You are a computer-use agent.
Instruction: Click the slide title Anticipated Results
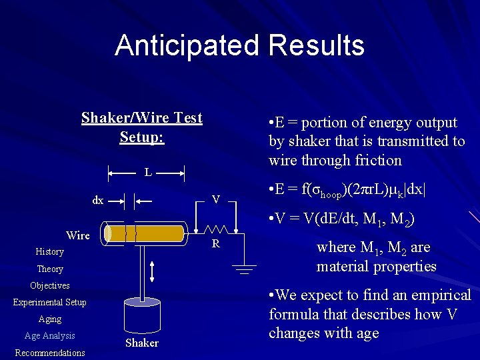click(x=239, y=45)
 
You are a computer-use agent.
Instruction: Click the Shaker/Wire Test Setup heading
click(x=142, y=127)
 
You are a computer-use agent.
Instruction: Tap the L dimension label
click(x=148, y=173)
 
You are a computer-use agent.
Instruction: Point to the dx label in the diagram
click(x=97, y=200)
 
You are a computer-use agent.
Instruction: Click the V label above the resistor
click(x=215, y=199)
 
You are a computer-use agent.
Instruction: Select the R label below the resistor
click(x=215, y=244)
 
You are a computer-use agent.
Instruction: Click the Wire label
click(x=78, y=235)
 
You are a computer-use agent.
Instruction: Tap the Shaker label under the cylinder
click(x=142, y=343)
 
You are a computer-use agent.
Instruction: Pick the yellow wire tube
click(x=146, y=233)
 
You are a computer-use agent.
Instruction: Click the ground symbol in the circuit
click(x=245, y=269)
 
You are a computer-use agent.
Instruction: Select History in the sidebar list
click(x=49, y=252)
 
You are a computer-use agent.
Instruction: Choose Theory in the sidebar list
click(x=49, y=269)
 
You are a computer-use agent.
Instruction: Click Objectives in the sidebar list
click(x=49, y=286)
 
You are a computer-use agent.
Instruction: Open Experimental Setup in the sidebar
click(x=49, y=303)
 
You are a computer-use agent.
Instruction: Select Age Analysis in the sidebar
click(x=49, y=336)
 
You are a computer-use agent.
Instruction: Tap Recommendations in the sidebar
click(x=49, y=353)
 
